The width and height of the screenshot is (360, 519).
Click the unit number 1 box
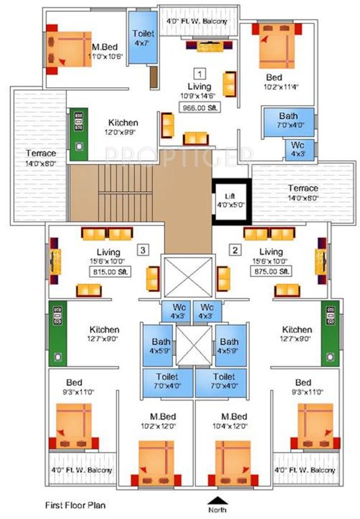tap(200, 72)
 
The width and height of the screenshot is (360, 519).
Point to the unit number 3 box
tap(141, 249)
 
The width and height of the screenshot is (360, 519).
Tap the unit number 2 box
tap(235, 249)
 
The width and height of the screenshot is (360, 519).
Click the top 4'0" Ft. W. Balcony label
tap(197, 21)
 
